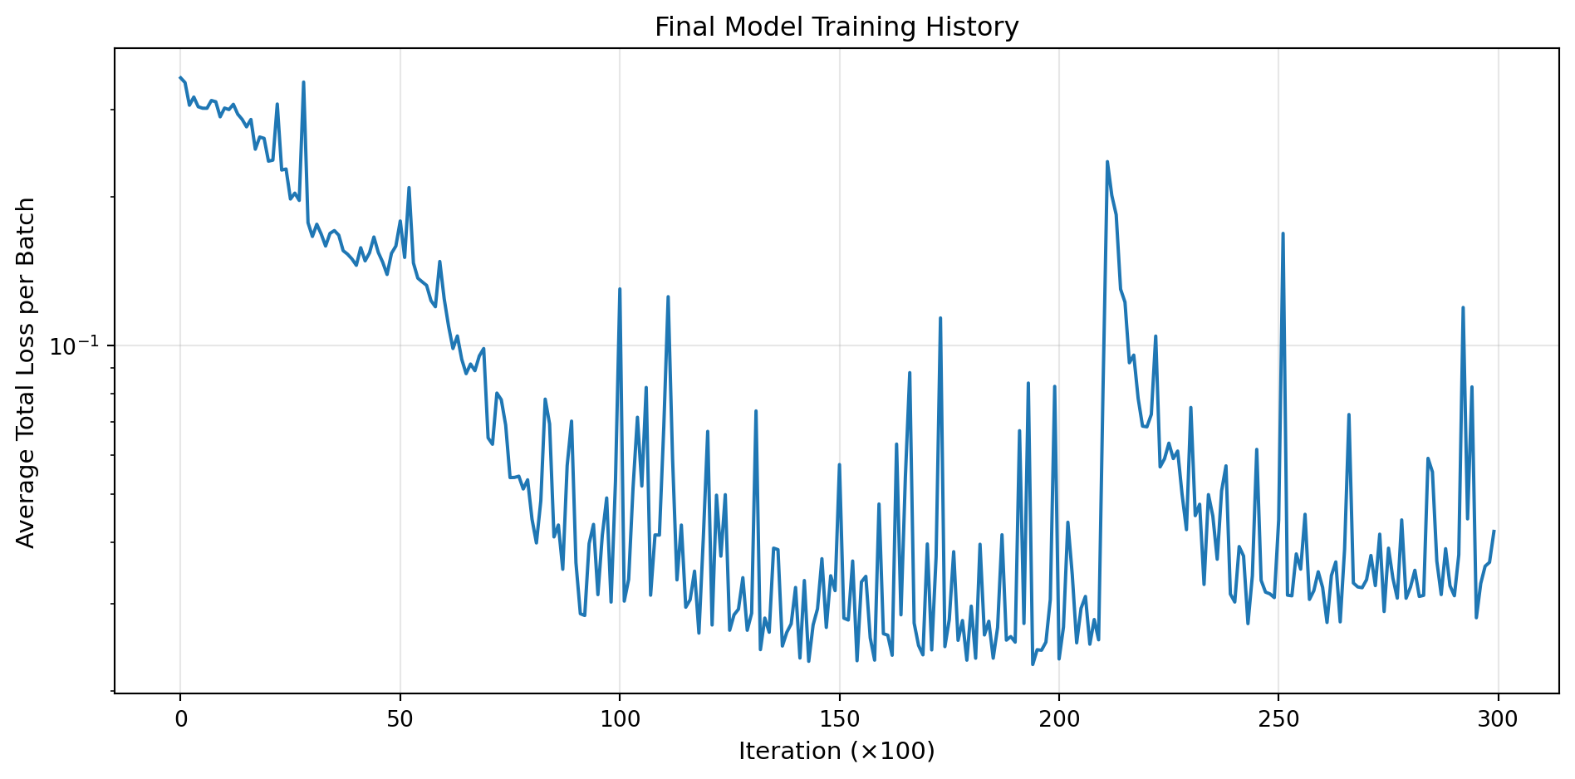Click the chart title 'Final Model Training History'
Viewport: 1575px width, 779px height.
(x=837, y=27)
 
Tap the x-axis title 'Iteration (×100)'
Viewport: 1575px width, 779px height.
(x=837, y=752)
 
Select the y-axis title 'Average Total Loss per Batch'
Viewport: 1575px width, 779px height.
(x=27, y=372)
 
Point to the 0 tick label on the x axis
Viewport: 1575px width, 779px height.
(x=180, y=720)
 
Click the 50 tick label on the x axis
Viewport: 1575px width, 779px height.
(x=400, y=720)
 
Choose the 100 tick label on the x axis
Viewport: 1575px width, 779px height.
(x=620, y=720)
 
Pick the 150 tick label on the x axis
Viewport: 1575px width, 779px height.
(x=839, y=720)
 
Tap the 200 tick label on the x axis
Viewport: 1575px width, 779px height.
(x=1059, y=720)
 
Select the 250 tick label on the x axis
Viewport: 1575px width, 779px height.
(x=1278, y=720)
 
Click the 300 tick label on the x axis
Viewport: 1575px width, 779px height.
(x=1498, y=720)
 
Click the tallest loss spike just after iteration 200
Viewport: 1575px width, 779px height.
(x=1107, y=162)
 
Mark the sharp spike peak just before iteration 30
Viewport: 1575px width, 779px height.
(x=303, y=82)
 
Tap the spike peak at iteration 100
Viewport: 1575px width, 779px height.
(x=620, y=289)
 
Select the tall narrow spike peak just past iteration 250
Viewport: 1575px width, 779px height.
(x=1283, y=233)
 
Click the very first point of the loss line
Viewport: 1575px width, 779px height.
(x=180, y=78)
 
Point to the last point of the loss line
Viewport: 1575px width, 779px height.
(x=1494, y=532)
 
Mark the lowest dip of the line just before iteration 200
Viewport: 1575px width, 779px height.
(x=1033, y=664)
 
